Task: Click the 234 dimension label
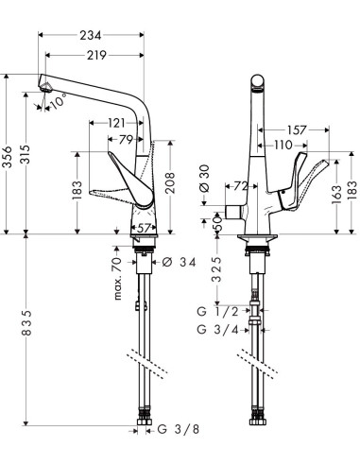(91, 35)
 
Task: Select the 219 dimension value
(97, 56)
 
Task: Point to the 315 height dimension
(26, 154)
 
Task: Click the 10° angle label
(59, 101)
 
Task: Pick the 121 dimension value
(116, 123)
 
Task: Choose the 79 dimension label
(126, 139)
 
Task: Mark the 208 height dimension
(170, 182)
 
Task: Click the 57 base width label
(144, 228)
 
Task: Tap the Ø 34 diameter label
(179, 262)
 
